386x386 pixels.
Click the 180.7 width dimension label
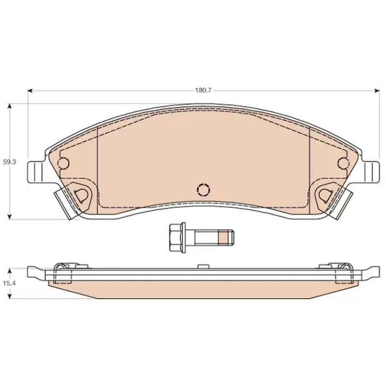coord(203,90)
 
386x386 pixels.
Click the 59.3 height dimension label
coord(9,162)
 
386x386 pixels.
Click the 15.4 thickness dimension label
coord(9,283)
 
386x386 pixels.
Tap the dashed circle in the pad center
coord(204,190)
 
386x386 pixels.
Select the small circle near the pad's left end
coord(63,163)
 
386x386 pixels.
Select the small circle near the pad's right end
coord(343,163)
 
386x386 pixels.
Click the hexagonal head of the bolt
coord(176,237)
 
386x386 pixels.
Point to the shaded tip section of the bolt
coord(223,237)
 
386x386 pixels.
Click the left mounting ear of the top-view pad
coord(36,172)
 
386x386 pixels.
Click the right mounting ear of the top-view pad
coord(371,172)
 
